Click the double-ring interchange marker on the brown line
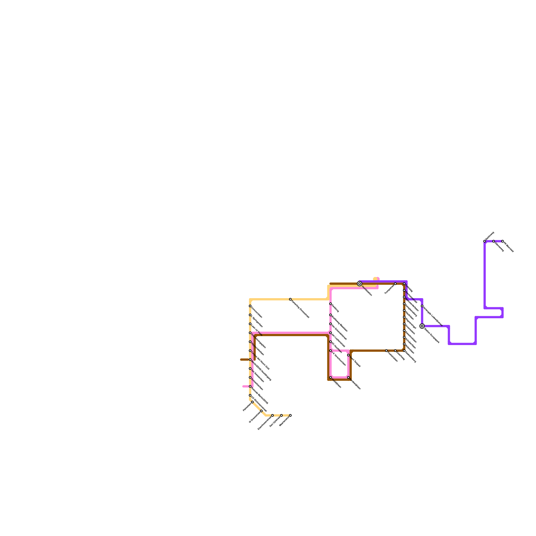pyautogui.click(x=359, y=284)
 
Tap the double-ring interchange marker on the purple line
pyautogui.click(x=422, y=326)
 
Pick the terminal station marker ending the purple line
pyautogui.click(x=503, y=241)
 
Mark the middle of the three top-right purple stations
pyautogui.click(x=493, y=241)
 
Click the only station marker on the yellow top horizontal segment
pyautogui.click(x=290, y=299)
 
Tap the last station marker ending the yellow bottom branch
pyautogui.click(x=290, y=415)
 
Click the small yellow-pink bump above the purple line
pyautogui.click(x=376, y=279)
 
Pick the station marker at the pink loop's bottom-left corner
pyautogui.click(x=331, y=378)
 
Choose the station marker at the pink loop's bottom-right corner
pyautogui.click(x=348, y=378)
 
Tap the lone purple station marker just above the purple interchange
pyautogui.click(x=422, y=306)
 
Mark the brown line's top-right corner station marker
pyautogui.click(x=404, y=284)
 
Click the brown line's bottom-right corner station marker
pyautogui.click(x=404, y=351)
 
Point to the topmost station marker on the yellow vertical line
pyautogui.click(x=250, y=306)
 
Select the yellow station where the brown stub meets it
pyautogui.click(x=250, y=359)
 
